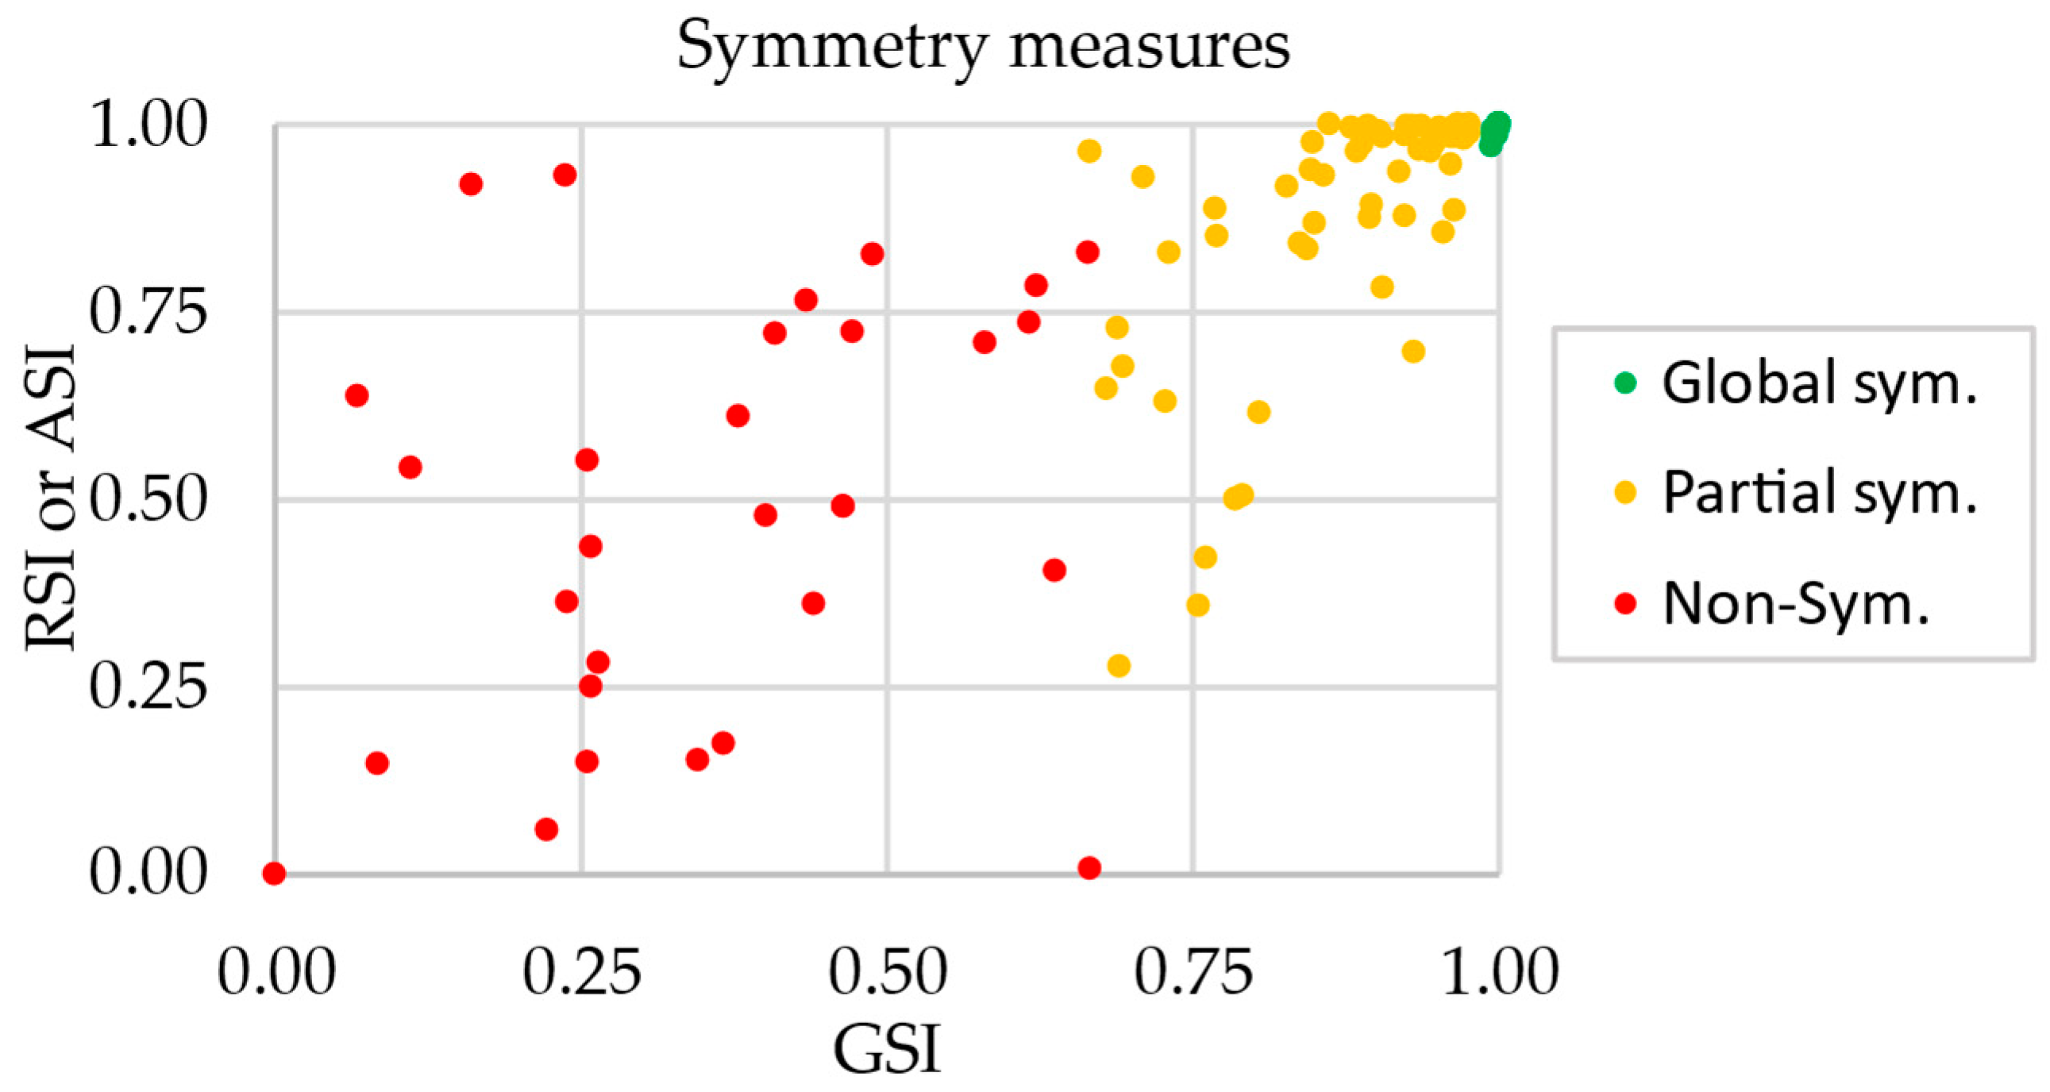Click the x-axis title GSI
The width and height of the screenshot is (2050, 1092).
click(x=887, y=1049)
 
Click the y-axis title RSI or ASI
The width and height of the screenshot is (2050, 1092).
click(x=49, y=498)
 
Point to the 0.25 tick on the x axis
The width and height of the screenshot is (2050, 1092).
click(x=582, y=972)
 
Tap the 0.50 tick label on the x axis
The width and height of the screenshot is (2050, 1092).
click(x=888, y=972)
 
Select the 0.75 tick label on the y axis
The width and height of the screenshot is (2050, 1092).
click(x=148, y=312)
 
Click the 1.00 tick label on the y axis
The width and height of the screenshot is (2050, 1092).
click(x=148, y=125)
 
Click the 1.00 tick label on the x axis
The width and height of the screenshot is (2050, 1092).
click(x=1499, y=972)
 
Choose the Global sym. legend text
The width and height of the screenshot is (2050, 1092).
click(x=1819, y=383)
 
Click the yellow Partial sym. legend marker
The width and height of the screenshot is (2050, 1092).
click(x=1624, y=492)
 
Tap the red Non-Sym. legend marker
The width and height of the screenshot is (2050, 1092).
click(x=1624, y=604)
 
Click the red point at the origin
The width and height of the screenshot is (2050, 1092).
click(x=274, y=873)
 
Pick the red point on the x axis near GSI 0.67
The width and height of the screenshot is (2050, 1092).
click(x=1089, y=867)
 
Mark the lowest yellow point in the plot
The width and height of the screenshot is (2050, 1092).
click(x=1119, y=666)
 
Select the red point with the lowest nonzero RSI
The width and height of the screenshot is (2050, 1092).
click(x=546, y=829)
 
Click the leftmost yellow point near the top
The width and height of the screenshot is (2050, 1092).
click(x=1089, y=151)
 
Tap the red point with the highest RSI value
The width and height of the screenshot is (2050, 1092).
click(x=565, y=175)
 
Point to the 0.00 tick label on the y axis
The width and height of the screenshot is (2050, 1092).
click(x=148, y=873)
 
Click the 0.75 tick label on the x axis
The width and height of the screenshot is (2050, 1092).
click(x=1193, y=972)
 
